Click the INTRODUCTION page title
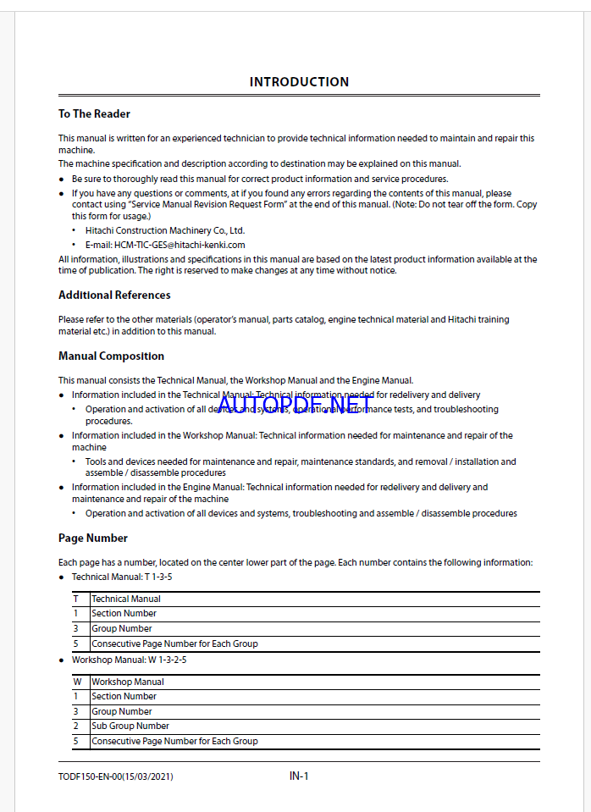pyautogui.click(x=299, y=82)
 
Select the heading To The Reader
pyautogui.click(x=94, y=113)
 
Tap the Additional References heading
pyautogui.click(x=114, y=295)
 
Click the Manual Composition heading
pyautogui.click(x=111, y=356)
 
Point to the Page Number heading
pyautogui.click(x=93, y=538)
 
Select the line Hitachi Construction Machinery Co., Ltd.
pyautogui.click(x=164, y=230)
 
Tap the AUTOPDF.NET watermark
pyautogui.click(x=295, y=406)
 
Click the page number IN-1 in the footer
pyautogui.click(x=299, y=776)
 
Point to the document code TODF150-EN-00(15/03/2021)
pyautogui.click(x=116, y=776)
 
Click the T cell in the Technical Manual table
pyautogui.click(x=76, y=599)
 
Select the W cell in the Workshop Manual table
pyautogui.click(x=77, y=682)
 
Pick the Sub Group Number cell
pyautogui.click(x=130, y=726)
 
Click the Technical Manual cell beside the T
pyautogui.click(x=126, y=599)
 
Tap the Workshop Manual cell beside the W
pyautogui.click(x=128, y=682)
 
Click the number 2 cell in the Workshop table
pyautogui.click(x=75, y=726)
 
